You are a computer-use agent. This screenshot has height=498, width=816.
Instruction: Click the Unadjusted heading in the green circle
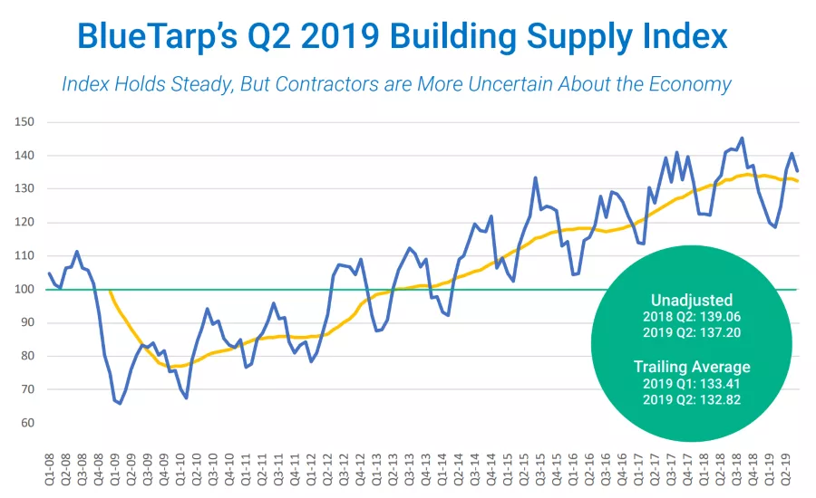coord(691,300)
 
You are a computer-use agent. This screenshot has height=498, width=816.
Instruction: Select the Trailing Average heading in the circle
coord(691,367)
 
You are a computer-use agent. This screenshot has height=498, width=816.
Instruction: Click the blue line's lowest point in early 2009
coord(120,403)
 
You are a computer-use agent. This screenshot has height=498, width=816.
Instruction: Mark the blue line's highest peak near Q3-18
coord(742,139)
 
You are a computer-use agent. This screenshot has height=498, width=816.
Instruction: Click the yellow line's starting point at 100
coord(109,290)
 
